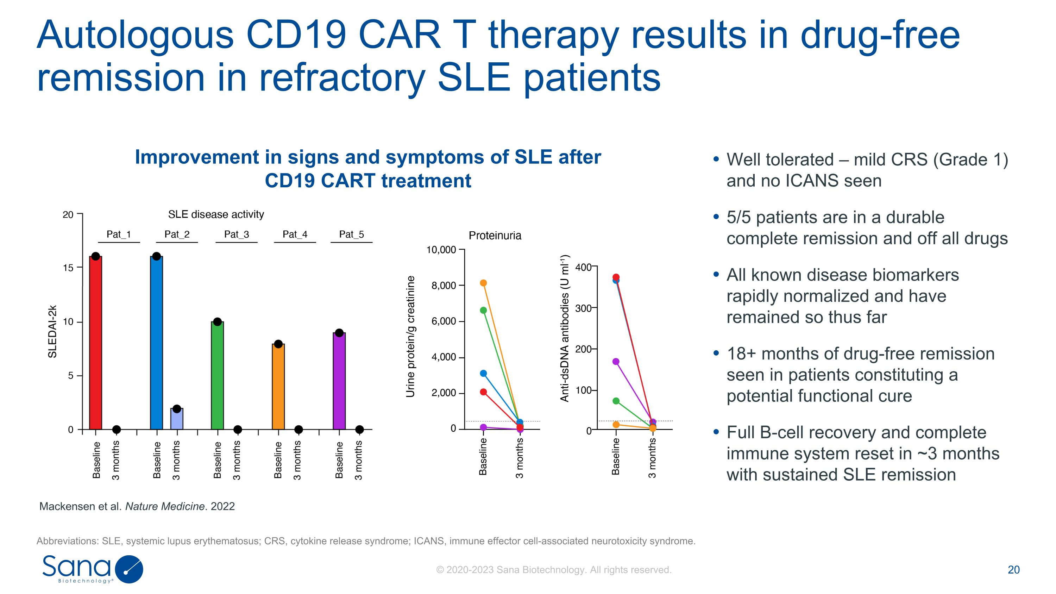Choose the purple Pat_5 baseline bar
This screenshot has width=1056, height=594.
click(339, 381)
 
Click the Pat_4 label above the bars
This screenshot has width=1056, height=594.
click(295, 235)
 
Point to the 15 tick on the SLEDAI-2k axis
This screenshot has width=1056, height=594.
click(68, 268)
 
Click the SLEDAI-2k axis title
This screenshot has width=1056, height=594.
click(52, 331)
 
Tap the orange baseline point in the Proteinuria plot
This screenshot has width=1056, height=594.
click(483, 283)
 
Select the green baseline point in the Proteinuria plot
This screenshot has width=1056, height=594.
click(483, 310)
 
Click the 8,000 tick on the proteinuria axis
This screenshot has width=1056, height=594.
click(444, 285)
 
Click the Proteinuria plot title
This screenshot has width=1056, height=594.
click(495, 236)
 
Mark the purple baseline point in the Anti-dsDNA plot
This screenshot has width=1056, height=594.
click(616, 362)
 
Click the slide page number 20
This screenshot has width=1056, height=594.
click(1013, 570)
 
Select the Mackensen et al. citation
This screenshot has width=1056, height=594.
click(137, 506)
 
